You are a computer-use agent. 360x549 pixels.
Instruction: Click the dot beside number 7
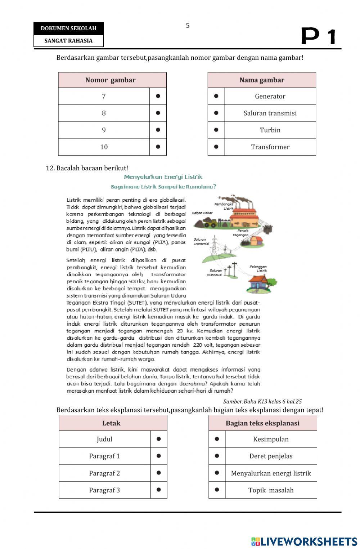click(158, 96)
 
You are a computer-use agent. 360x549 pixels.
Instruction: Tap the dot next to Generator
click(216, 96)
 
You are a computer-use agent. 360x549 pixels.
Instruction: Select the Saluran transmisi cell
click(270, 113)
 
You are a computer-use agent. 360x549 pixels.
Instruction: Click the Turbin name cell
click(270, 130)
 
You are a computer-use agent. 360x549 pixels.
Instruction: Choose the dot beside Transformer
click(216, 147)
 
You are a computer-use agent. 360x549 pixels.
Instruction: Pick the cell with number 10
click(104, 147)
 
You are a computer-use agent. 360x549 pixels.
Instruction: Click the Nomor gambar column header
click(111, 80)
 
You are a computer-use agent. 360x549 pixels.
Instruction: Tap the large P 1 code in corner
click(318, 36)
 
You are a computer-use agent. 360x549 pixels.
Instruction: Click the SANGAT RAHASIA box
click(68, 41)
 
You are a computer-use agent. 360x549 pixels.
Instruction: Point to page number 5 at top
click(188, 25)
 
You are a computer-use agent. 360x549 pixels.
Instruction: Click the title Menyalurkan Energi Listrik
click(163, 177)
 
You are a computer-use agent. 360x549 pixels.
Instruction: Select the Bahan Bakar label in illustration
click(202, 213)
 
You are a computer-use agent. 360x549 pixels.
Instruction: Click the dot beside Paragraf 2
click(158, 473)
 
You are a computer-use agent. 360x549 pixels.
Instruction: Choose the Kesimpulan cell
click(271, 439)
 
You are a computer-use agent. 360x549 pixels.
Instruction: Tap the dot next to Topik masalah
click(217, 490)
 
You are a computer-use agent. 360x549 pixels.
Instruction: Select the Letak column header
click(111, 423)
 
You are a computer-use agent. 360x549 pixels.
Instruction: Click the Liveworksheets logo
click(304, 541)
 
